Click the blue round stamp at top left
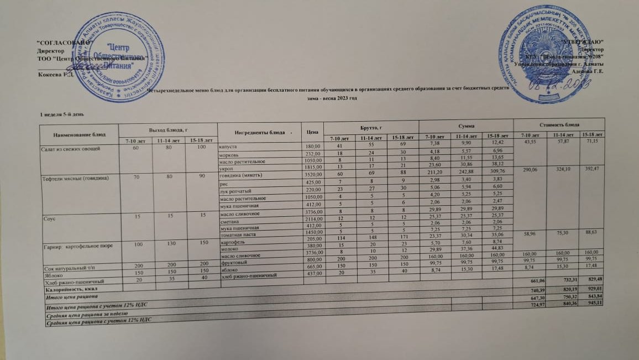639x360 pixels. pyautogui.click(x=111, y=58)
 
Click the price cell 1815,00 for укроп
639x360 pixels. pyautogui.click(x=313, y=168)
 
